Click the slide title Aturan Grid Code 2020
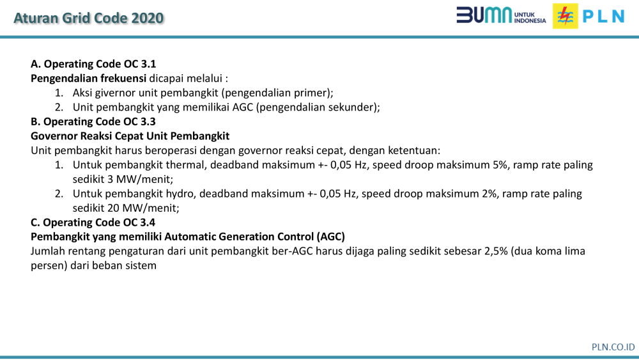click(x=88, y=18)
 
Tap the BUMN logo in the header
click(x=501, y=15)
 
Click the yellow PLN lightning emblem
click(x=566, y=16)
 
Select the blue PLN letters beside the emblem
click(x=604, y=17)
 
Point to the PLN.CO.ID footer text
click(x=613, y=347)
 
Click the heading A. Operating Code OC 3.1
click(x=93, y=64)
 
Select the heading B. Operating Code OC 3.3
click(x=93, y=121)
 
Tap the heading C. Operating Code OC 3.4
click(x=93, y=222)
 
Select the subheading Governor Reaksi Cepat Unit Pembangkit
click(x=130, y=136)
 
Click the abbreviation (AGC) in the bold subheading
click(x=330, y=237)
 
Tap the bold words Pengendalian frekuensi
click(x=88, y=79)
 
